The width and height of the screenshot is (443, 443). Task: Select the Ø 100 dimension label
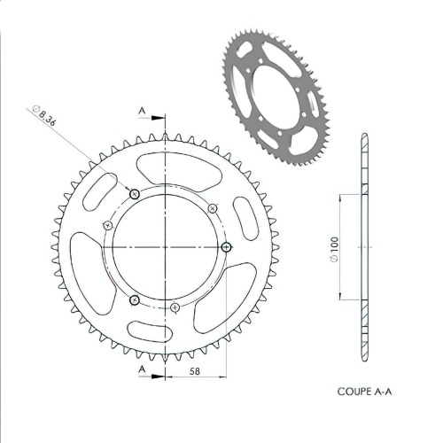point(333,249)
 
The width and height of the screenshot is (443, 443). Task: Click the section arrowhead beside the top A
point(160,116)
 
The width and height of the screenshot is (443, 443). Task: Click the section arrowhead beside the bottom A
point(160,376)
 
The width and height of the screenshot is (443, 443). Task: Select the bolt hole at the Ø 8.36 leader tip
point(135,194)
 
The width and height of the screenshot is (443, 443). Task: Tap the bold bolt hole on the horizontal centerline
point(226,247)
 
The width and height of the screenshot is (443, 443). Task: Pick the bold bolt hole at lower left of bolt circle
point(134,299)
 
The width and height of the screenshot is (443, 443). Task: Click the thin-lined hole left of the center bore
point(107,224)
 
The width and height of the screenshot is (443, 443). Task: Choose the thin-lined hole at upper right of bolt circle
point(213,206)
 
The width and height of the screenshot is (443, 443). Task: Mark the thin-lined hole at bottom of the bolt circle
point(176,307)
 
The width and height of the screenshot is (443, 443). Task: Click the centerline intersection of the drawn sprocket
point(166,247)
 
